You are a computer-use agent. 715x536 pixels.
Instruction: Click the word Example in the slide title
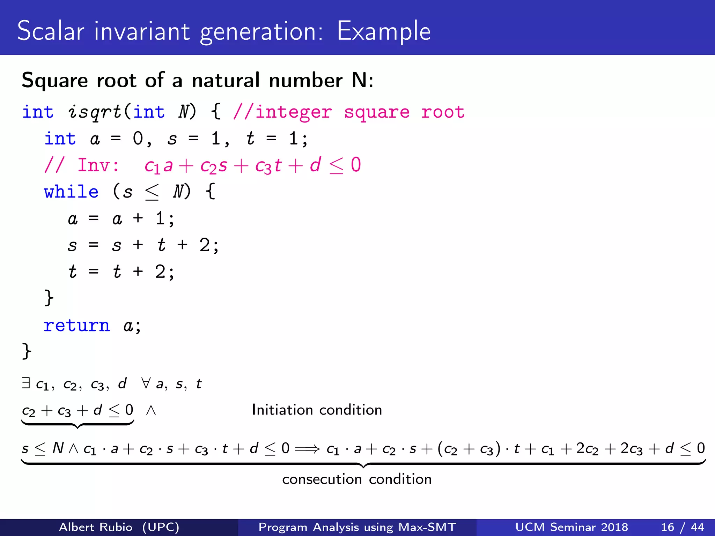[384, 31]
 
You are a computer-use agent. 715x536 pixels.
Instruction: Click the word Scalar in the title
[51, 31]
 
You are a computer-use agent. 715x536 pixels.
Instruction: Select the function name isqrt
[94, 112]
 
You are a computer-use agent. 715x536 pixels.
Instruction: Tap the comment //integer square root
[349, 112]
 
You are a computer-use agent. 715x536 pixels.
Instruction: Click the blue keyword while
[71, 192]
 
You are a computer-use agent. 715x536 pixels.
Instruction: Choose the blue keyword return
[77, 326]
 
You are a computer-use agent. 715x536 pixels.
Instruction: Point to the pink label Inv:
[98, 165]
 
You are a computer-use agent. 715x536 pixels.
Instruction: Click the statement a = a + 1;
[121, 219]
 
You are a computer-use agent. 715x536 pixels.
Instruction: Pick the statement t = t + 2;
[121, 272]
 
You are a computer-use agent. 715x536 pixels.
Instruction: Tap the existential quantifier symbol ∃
[26, 383]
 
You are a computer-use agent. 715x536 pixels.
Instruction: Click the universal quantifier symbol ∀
[146, 383]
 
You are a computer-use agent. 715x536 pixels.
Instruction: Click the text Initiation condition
[317, 410]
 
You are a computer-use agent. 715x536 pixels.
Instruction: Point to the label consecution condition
[357, 479]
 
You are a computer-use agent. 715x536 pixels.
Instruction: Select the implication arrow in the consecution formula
[307, 449]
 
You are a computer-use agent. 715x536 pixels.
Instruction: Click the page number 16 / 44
[682, 527]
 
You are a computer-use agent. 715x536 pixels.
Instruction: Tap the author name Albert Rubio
[96, 527]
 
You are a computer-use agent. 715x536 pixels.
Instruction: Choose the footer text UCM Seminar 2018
[572, 527]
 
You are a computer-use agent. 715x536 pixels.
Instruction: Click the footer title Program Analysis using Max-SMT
[357, 527]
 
